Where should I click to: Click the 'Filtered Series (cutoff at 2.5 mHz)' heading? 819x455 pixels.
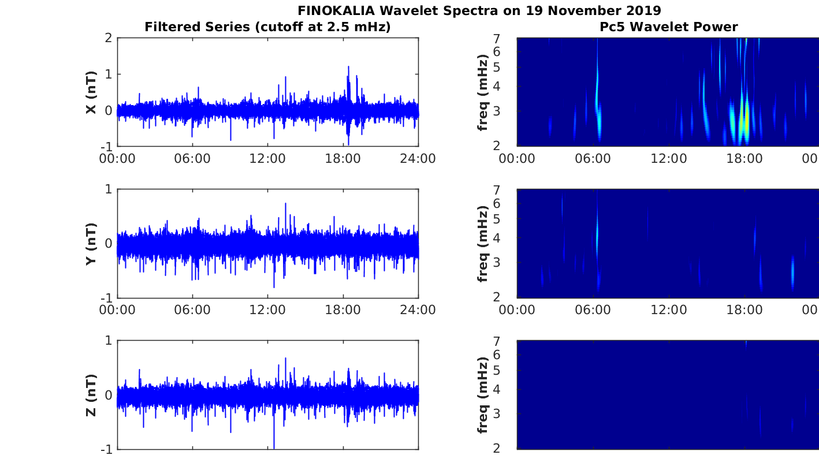click(267, 27)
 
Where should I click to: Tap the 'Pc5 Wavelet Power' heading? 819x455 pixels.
click(668, 27)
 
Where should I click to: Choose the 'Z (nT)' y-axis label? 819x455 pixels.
click(91, 395)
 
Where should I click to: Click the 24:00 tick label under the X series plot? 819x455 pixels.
click(418, 159)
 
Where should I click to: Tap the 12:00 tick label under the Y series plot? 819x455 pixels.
click(267, 310)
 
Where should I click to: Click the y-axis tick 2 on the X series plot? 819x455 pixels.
click(109, 38)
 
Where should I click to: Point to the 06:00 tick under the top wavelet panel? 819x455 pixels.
click(593, 159)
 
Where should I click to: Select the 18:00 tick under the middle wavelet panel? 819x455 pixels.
click(744, 310)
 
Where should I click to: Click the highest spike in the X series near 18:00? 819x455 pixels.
click(348, 67)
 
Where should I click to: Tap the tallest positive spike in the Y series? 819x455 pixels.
click(285, 204)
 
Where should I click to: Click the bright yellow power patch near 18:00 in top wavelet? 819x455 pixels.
click(746, 118)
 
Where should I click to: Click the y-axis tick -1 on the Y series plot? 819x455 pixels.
click(107, 297)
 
